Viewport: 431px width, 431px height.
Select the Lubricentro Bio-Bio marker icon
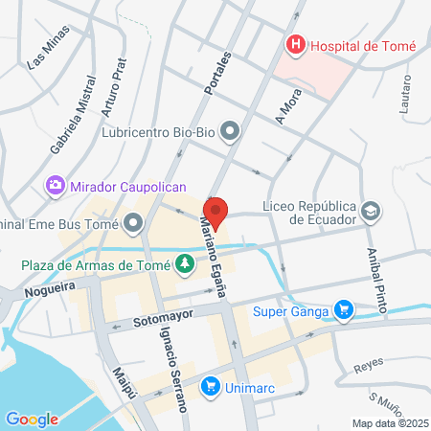coord(230,129)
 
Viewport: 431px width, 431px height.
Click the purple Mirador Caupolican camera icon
coord(56,185)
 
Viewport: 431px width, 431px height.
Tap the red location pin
coord(215,212)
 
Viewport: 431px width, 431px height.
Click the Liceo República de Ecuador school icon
coord(370,210)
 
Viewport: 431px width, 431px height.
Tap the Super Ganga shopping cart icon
coord(344,309)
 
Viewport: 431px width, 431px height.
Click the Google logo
coord(32,419)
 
